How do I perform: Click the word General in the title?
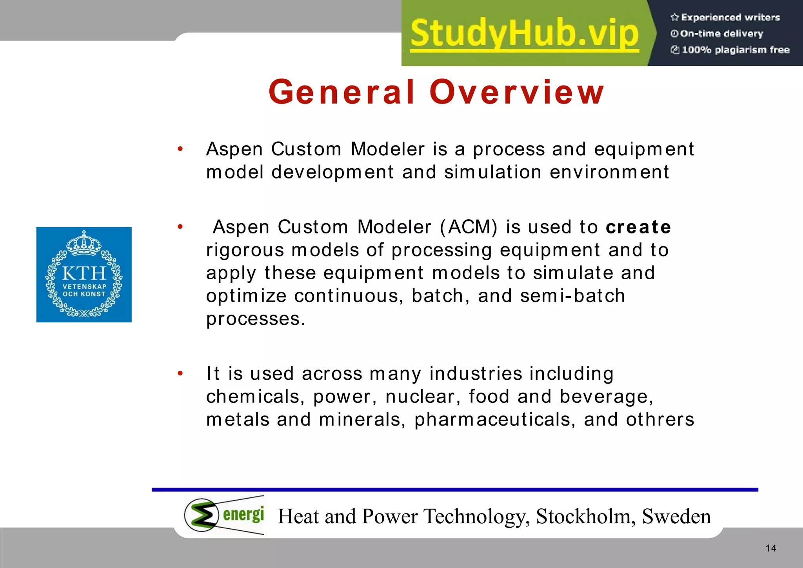(x=342, y=92)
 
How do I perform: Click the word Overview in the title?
(x=517, y=92)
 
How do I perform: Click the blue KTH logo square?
(x=84, y=275)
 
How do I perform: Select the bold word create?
(x=638, y=228)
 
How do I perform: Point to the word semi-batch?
(x=572, y=296)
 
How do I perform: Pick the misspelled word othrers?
(x=660, y=420)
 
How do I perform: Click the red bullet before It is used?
(x=180, y=373)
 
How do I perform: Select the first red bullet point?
(x=180, y=149)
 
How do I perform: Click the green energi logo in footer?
(x=224, y=515)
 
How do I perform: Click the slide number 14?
(x=771, y=548)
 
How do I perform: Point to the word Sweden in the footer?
(x=676, y=516)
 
